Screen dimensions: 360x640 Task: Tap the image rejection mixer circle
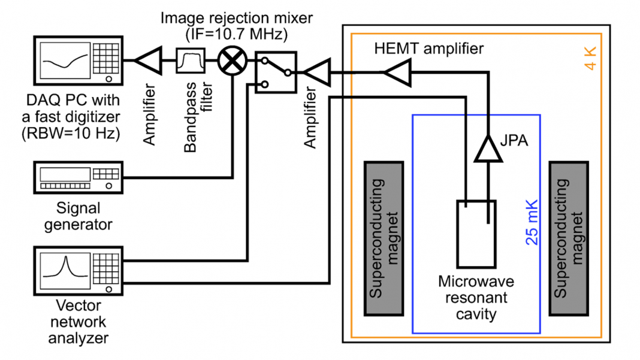click(231, 61)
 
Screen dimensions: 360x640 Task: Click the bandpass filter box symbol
click(191, 61)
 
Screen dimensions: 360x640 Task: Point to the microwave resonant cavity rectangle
click(476, 234)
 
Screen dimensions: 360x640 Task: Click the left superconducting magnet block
click(384, 238)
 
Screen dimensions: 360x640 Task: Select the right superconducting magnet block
click(569, 238)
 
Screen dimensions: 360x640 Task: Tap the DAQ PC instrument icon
click(80, 60)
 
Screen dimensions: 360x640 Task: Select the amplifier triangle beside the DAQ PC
click(146, 60)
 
